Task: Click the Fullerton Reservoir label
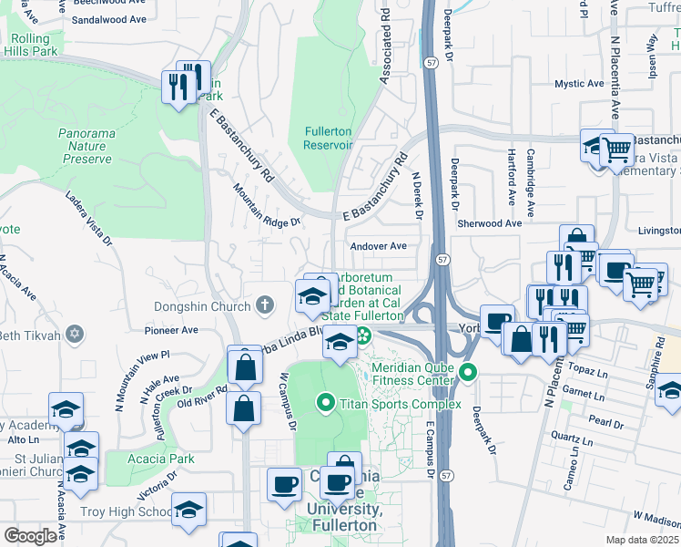[327, 138]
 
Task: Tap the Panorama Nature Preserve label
[87, 146]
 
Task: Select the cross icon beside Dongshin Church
[265, 305]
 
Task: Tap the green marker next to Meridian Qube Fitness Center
[468, 372]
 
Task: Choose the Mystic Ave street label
[579, 84]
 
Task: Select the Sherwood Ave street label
[490, 223]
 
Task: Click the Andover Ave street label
[378, 246]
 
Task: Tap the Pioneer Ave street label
[170, 331]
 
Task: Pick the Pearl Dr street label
[605, 423]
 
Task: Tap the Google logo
[30, 536]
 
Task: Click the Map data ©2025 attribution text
[642, 540]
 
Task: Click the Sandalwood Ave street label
[108, 19]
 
